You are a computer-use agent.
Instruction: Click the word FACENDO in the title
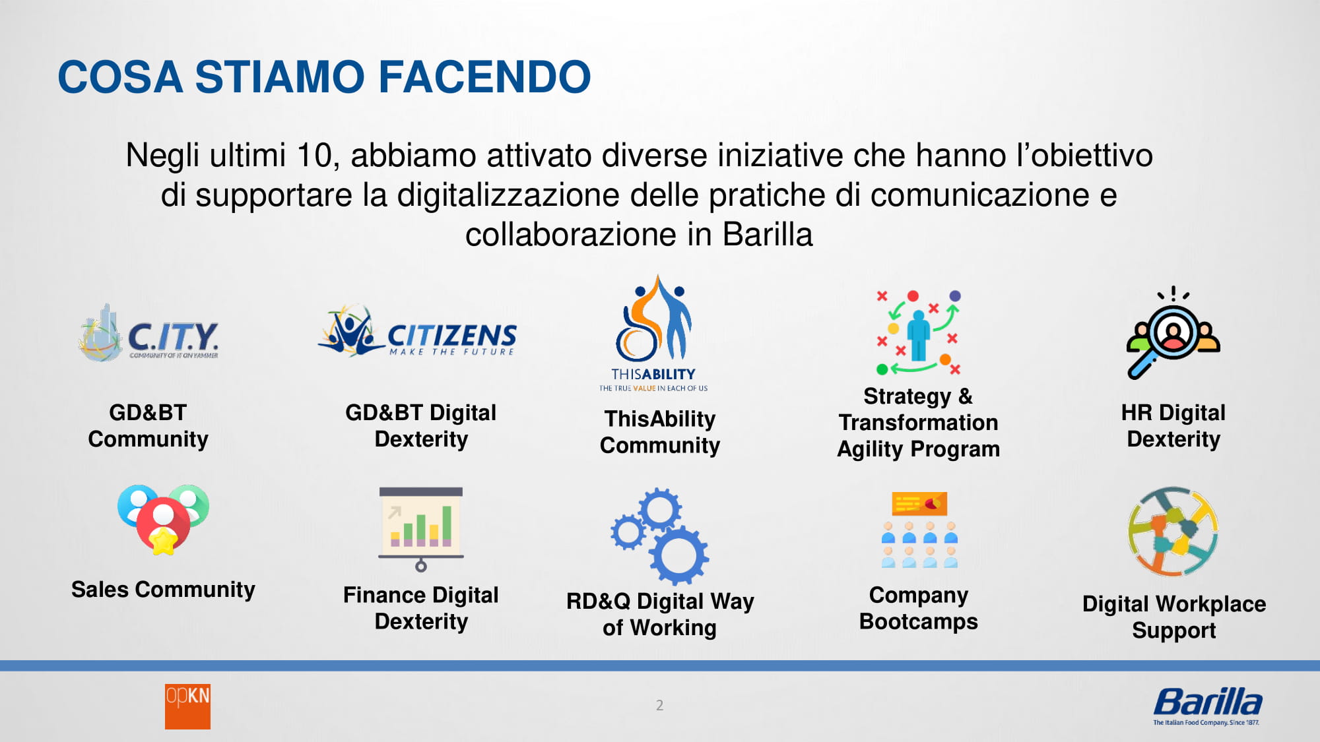(x=484, y=77)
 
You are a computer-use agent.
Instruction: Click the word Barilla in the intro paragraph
(x=768, y=235)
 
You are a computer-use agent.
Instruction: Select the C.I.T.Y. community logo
(x=148, y=333)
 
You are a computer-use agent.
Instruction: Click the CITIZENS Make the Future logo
(x=417, y=331)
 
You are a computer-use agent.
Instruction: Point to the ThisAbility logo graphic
(x=653, y=333)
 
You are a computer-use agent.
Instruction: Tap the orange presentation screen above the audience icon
(x=919, y=503)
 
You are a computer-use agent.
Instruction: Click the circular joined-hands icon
(x=1173, y=532)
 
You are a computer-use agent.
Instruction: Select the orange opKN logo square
(x=187, y=706)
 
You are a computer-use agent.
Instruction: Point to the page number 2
(x=659, y=705)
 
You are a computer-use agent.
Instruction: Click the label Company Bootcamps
(x=919, y=608)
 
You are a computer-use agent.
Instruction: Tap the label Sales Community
(x=163, y=590)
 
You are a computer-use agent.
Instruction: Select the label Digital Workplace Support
(x=1174, y=617)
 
